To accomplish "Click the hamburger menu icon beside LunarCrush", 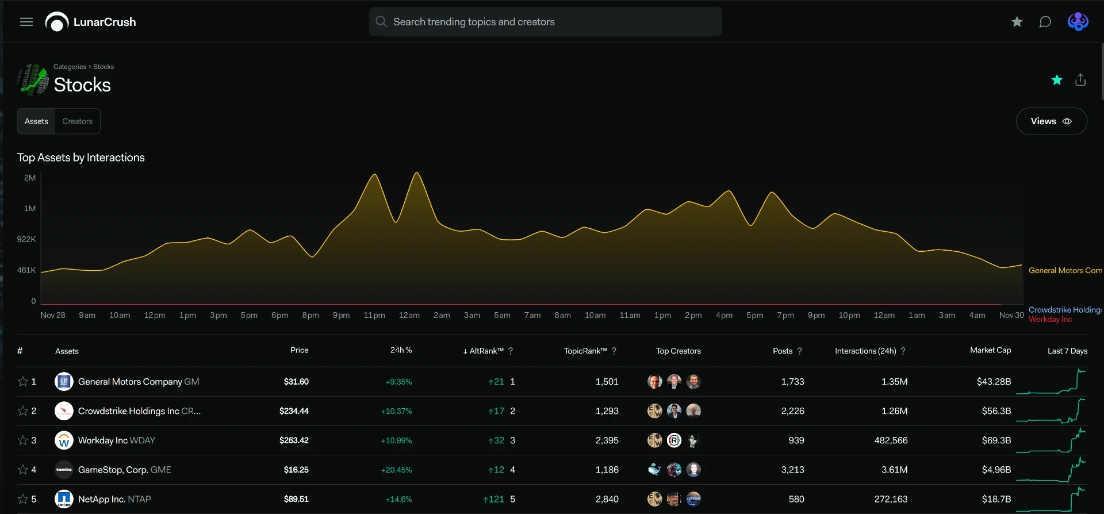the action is click(x=26, y=22).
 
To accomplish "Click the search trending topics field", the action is click(x=545, y=22).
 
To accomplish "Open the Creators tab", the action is click(x=78, y=121).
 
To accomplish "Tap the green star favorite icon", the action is click(x=1057, y=80).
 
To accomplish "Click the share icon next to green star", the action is click(x=1080, y=80).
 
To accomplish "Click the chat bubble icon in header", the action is click(x=1045, y=22).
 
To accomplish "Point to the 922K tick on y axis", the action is click(x=26, y=239).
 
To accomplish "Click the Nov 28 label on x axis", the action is click(x=53, y=315).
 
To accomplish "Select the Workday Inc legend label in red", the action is click(x=1051, y=320).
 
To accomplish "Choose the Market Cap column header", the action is click(x=990, y=350).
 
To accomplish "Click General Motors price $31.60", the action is click(x=296, y=382).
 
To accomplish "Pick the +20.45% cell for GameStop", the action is click(x=397, y=470).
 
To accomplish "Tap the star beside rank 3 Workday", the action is click(x=23, y=440).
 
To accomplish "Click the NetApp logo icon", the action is click(x=64, y=499).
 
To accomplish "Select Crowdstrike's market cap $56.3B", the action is click(x=996, y=411).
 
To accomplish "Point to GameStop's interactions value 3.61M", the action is click(x=895, y=470).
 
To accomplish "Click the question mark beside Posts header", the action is click(x=799, y=351).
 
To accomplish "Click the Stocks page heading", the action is click(x=82, y=85).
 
